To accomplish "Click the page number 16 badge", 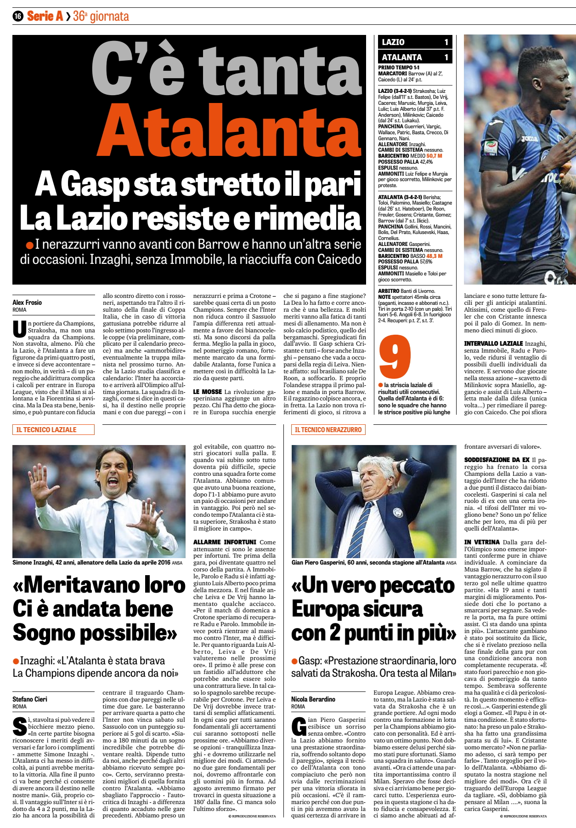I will pyautogui.click(x=18, y=17).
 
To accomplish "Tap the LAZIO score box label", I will pyautogui.click(x=393, y=42).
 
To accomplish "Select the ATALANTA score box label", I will pyautogui.click(x=401, y=57).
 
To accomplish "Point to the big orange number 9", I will pyautogui.click(x=395, y=357).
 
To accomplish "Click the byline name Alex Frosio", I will pyautogui.click(x=27, y=303).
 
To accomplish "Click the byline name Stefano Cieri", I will pyautogui.click(x=30, y=699).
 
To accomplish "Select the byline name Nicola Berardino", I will pyautogui.click(x=313, y=699).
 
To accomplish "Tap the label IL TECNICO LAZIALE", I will pyautogui.click(x=46, y=430).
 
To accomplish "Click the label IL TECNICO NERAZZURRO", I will pyautogui.click(x=328, y=430).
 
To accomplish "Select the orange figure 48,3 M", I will pyautogui.click(x=434, y=256).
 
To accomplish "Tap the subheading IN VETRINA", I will pyautogui.click(x=482, y=542).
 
